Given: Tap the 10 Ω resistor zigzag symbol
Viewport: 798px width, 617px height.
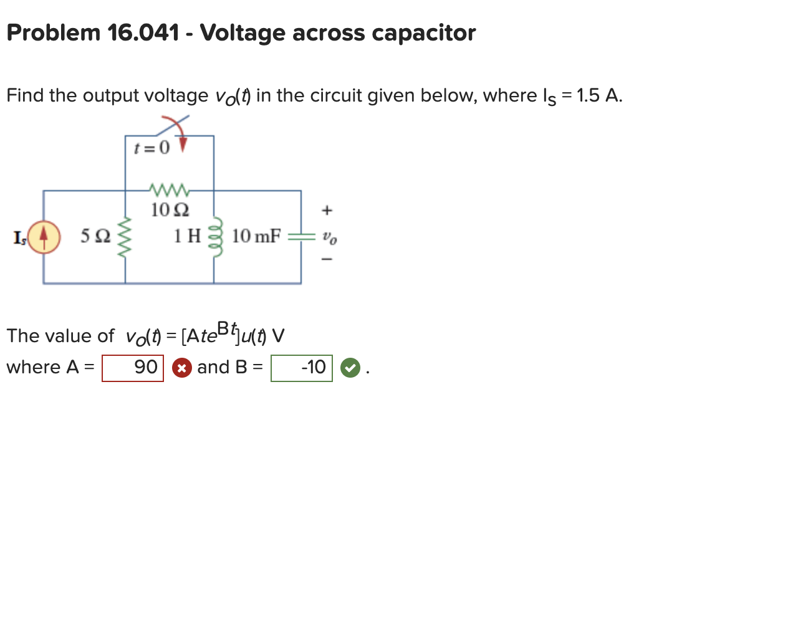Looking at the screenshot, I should (x=168, y=189).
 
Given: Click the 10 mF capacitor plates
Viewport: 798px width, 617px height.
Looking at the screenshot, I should (x=302, y=236).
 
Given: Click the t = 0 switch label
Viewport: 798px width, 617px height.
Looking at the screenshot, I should (x=151, y=148).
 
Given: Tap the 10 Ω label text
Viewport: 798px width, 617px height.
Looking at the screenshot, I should (x=170, y=210).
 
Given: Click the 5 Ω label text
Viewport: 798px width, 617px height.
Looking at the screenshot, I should (x=95, y=236).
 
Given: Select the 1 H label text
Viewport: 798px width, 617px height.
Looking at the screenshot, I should (x=187, y=236).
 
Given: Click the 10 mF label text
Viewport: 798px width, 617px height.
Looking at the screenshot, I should (x=256, y=236).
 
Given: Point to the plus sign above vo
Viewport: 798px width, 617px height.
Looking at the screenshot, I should (x=327, y=211).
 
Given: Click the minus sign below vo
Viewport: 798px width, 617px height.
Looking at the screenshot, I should (x=327, y=259).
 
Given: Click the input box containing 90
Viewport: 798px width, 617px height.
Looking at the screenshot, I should (x=133, y=368).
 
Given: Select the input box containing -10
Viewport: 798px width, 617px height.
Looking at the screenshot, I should (x=302, y=368).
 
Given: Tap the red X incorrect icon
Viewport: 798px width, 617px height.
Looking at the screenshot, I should (x=181, y=368).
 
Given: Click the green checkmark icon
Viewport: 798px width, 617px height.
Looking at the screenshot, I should (x=350, y=368).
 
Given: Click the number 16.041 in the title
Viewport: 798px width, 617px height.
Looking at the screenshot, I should (x=143, y=33).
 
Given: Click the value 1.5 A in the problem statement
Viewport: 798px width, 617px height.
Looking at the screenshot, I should (x=598, y=95).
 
